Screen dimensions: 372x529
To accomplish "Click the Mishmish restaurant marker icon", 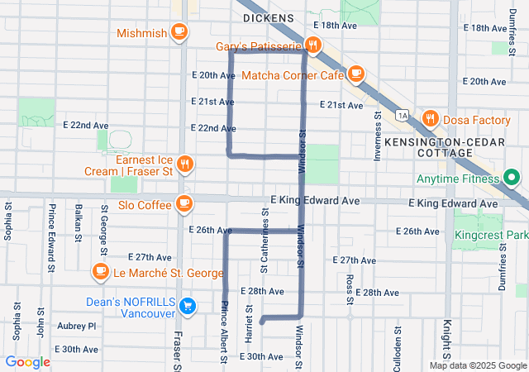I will click(x=179, y=32).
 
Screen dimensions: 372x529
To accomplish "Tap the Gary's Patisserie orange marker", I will click(x=312, y=45).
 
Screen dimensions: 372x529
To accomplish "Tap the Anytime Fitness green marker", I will click(x=511, y=177).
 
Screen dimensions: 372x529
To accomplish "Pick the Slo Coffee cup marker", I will click(x=183, y=203).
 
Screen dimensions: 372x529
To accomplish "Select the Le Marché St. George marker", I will click(x=100, y=272).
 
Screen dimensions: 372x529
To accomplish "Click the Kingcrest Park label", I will click(x=490, y=235).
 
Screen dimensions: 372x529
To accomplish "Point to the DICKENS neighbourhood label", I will click(x=268, y=17).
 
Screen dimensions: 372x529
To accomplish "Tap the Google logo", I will click(x=27, y=362).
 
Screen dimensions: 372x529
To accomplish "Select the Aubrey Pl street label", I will click(x=77, y=326).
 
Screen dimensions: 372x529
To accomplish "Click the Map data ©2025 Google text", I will click(x=477, y=365).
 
